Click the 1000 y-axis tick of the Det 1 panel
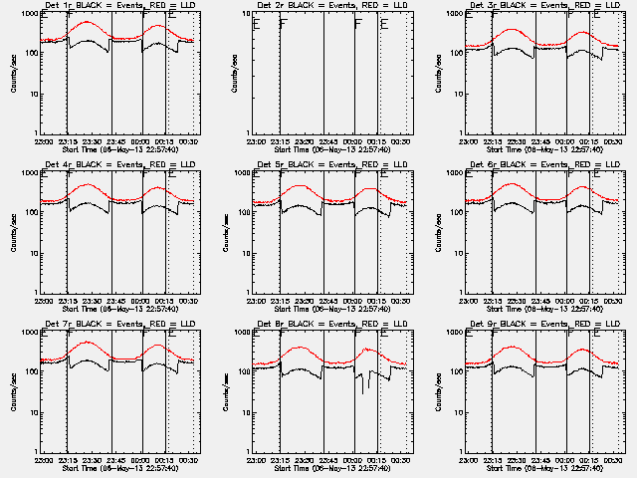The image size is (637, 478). [26, 14]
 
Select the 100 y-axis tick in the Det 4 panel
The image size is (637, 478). [28, 213]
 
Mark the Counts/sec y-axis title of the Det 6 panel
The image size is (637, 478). [441, 233]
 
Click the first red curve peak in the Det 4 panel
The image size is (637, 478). [89, 184]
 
